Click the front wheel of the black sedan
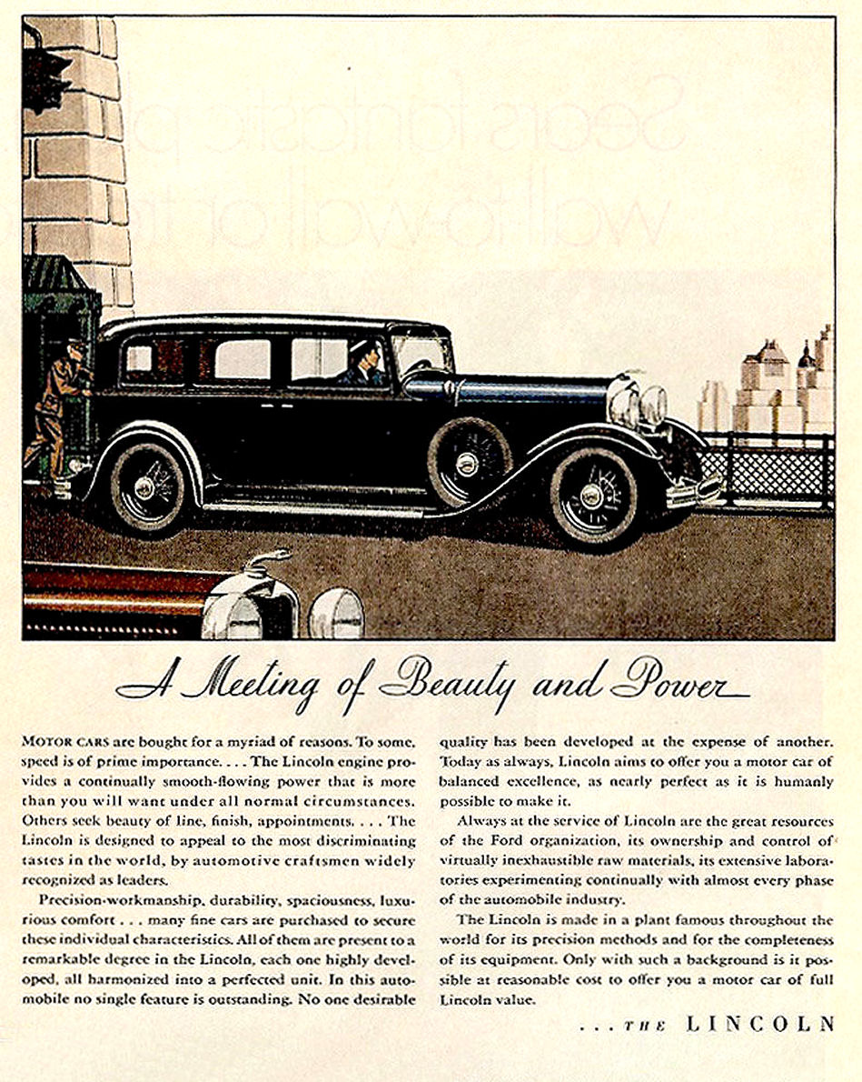pyautogui.click(x=591, y=496)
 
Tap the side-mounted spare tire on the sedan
pyautogui.click(x=467, y=462)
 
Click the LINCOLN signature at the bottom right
pyautogui.click(x=759, y=1024)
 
